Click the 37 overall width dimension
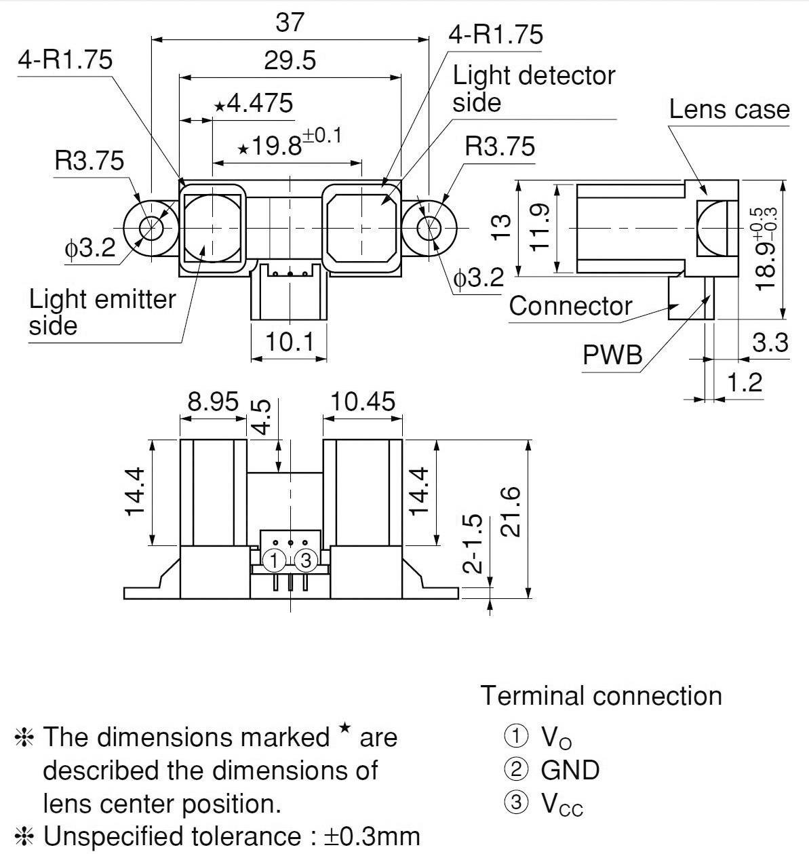click(x=290, y=22)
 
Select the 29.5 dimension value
click(x=290, y=61)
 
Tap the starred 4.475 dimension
click(x=254, y=104)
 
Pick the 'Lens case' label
click(x=729, y=109)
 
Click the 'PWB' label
click(x=612, y=354)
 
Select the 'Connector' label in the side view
click(x=570, y=306)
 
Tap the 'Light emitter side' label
click(x=102, y=312)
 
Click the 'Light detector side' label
click(x=533, y=89)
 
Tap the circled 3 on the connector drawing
click(x=306, y=560)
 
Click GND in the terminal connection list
click(x=570, y=770)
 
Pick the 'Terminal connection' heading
click(x=601, y=696)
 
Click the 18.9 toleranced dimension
click(x=766, y=248)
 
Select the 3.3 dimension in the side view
click(x=770, y=343)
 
